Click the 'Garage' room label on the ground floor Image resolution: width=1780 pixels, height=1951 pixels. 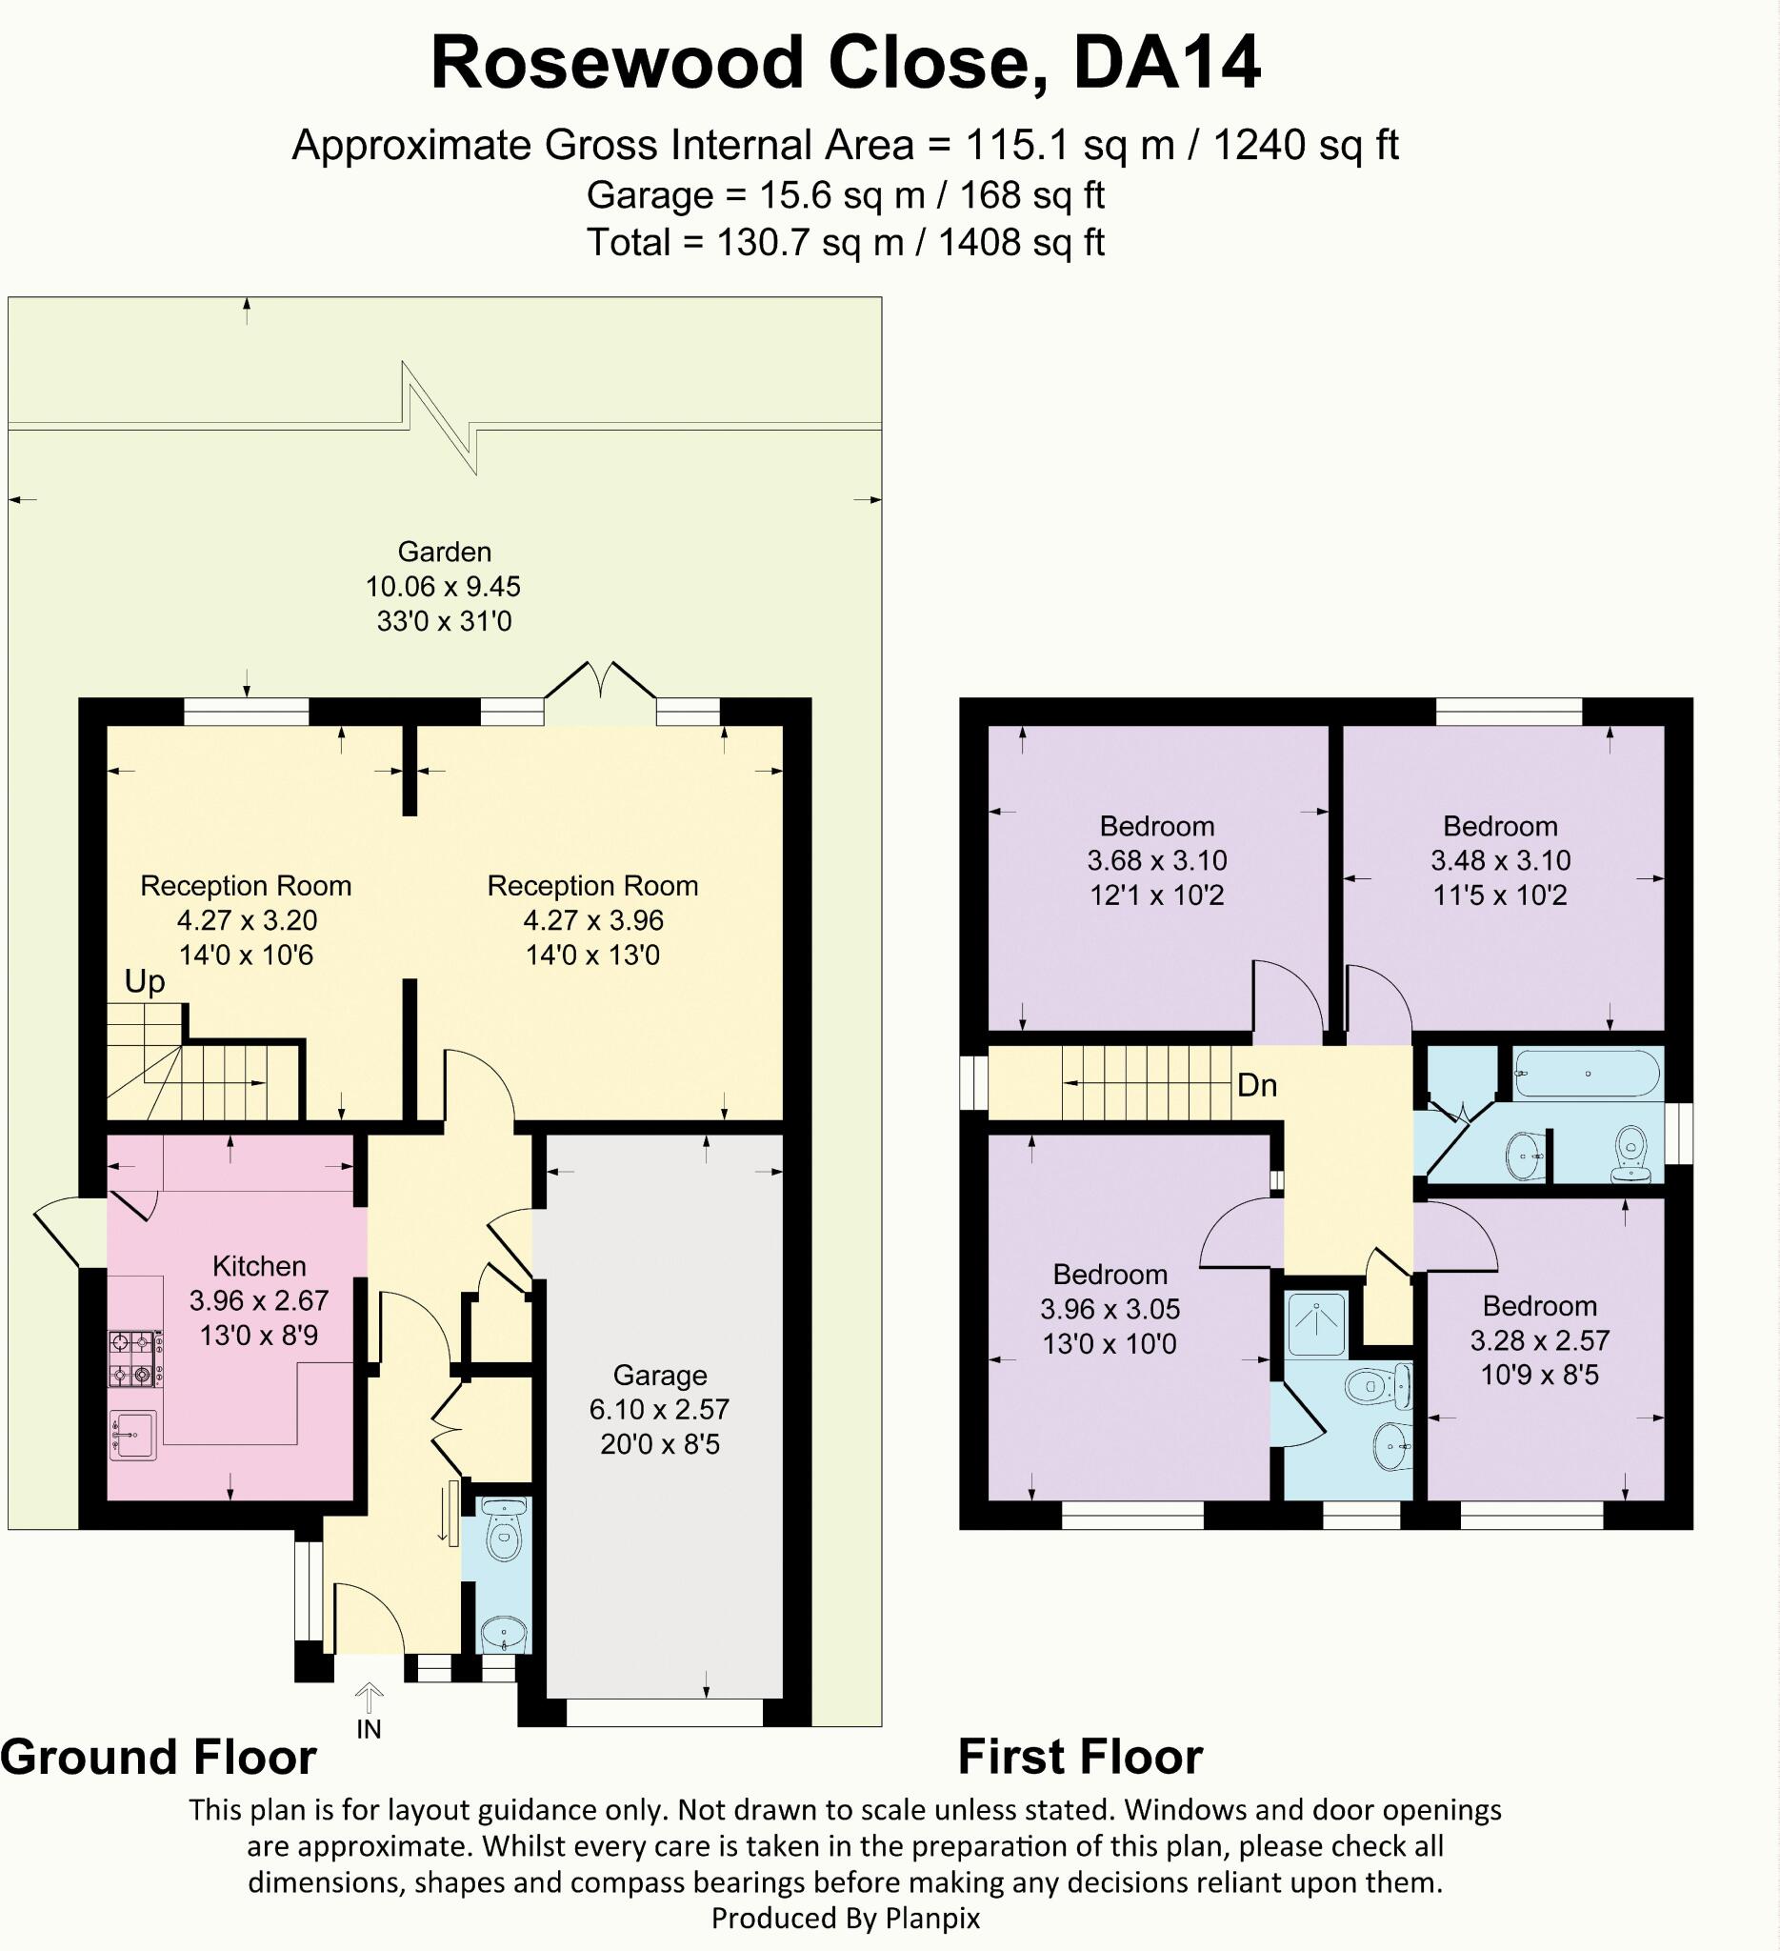click(x=660, y=1376)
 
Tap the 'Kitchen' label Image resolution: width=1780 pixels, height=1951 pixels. click(x=259, y=1266)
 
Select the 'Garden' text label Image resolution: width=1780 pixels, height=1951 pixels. click(x=445, y=552)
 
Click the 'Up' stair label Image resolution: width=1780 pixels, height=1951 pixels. click(x=145, y=983)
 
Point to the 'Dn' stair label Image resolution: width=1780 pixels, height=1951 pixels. click(x=1257, y=1085)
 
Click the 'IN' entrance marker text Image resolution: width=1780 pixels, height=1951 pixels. click(x=369, y=1729)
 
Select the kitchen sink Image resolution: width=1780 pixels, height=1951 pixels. click(x=133, y=1436)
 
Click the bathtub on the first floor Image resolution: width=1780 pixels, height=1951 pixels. click(x=1588, y=1075)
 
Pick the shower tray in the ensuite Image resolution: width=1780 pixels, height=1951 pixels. click(x=1317, y=1324)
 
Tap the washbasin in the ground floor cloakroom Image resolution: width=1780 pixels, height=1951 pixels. click(x=504, y=1635)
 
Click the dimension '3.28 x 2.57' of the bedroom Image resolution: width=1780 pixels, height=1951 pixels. click(x=1540, y=1340)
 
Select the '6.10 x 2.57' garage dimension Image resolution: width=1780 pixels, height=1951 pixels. click(x=660, y=1409)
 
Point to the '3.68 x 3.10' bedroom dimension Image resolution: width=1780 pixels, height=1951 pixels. click(x=1157, y=860)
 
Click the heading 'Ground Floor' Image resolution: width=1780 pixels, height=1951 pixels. click(x=159, y=1757)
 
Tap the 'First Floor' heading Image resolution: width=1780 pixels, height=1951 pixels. click(x=1081, y=1757)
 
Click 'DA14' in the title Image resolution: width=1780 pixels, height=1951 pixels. click(x=1167, y=64)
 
